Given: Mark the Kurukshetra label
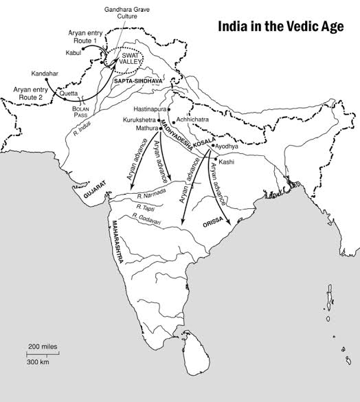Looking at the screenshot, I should pyautogui.click(x=140, y=119).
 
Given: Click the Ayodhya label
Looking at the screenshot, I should pyautogui.click(x=229, y=147).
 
